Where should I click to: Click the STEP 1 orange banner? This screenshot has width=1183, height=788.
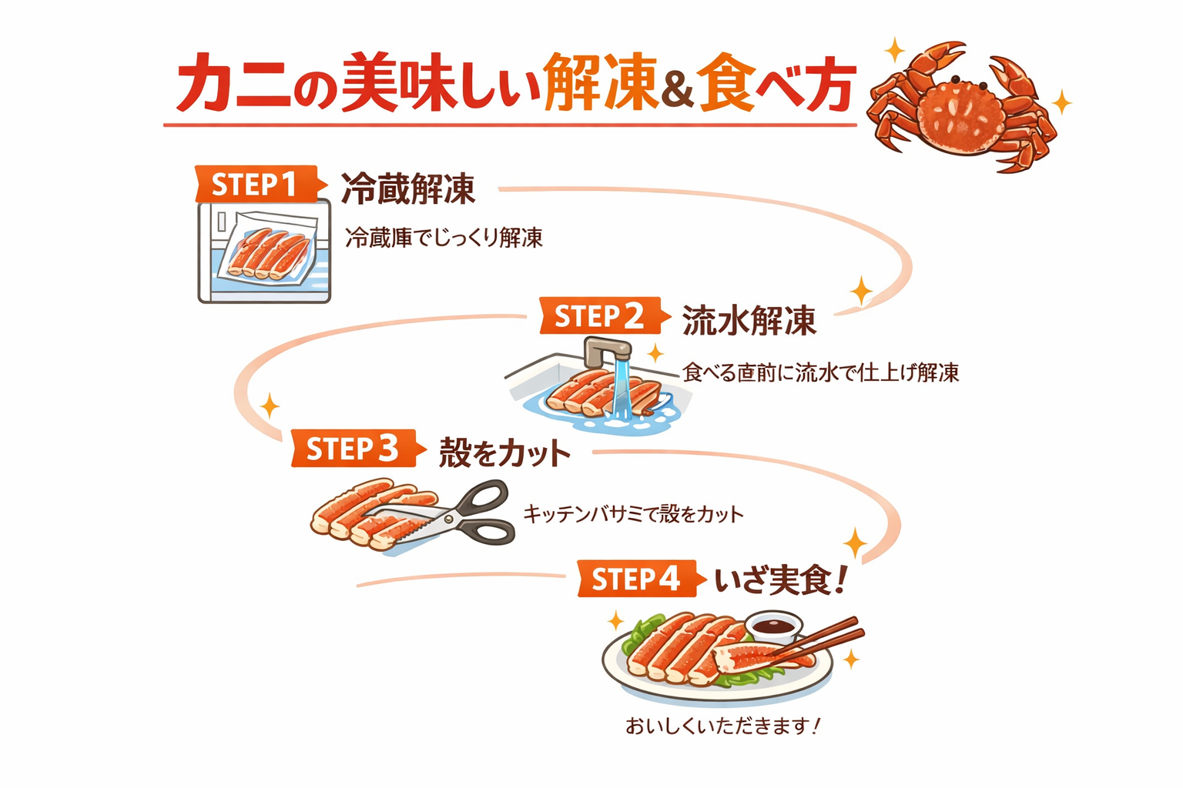[254, 185]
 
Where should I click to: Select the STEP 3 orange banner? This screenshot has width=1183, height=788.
[353, 449]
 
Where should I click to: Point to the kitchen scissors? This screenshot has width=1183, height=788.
[462, 513]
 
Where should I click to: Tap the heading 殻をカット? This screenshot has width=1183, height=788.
[504, 453]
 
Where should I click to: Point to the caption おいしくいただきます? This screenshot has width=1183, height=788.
[722, 726]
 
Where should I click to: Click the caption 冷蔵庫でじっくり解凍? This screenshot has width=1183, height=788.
[444, 238]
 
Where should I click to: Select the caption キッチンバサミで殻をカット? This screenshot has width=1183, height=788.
[633, 513]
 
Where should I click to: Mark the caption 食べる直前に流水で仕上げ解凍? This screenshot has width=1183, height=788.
[821, 373]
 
